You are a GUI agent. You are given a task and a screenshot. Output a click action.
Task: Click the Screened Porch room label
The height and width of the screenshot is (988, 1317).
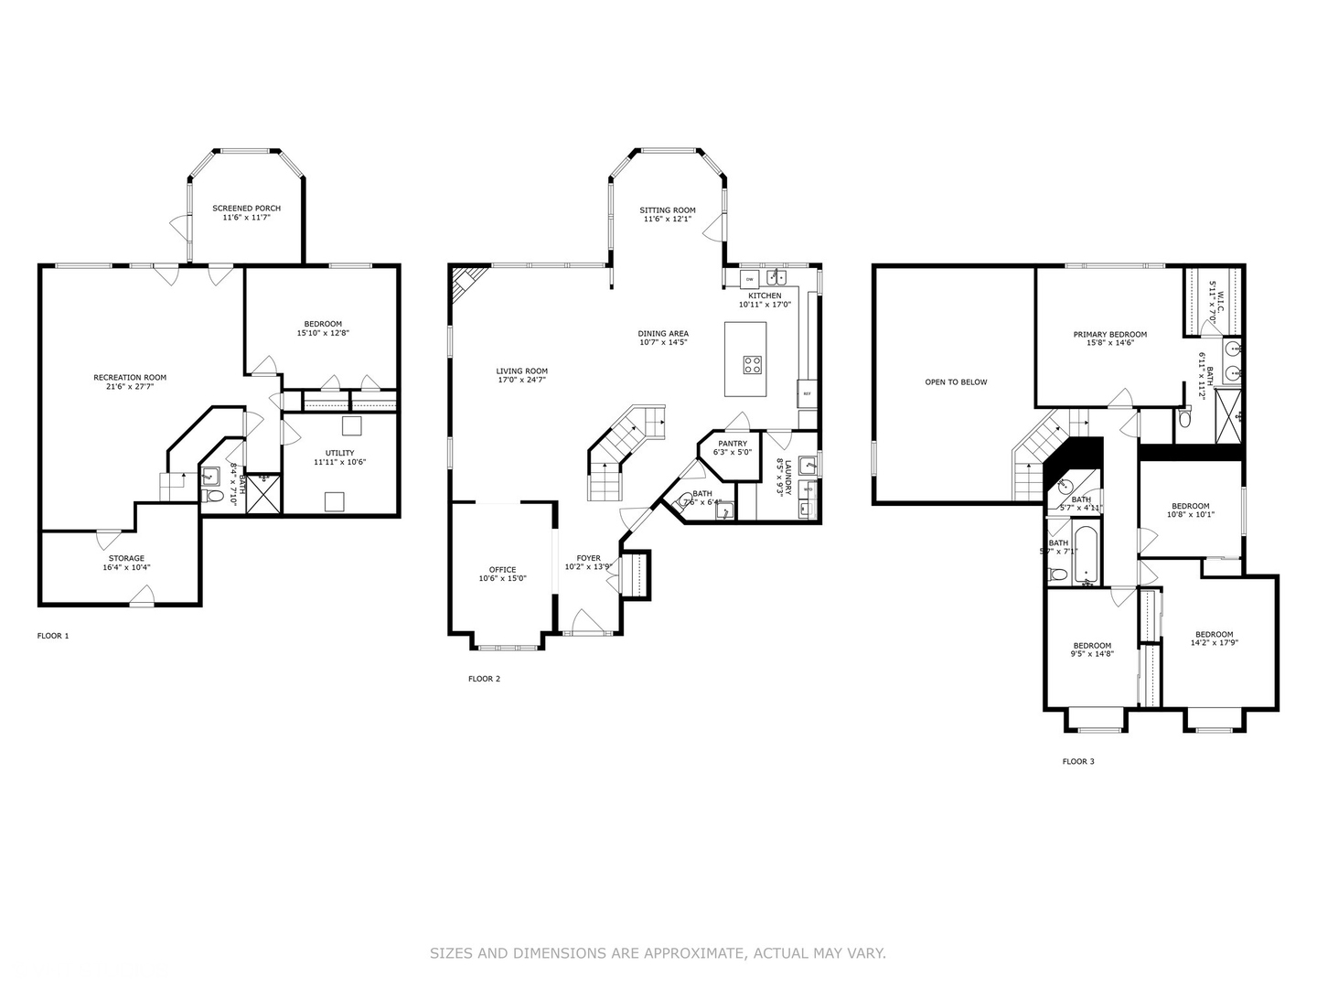click(246, 209)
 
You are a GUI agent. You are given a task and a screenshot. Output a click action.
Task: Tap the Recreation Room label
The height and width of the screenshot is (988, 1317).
click(130, 377)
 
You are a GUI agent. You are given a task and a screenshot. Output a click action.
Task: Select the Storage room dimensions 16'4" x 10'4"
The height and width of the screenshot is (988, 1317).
click(126, 567)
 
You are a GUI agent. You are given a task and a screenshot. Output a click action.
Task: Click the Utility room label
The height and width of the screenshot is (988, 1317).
click(339, 453)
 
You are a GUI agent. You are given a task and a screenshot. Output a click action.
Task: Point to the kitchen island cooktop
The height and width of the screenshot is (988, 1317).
click(752, 365)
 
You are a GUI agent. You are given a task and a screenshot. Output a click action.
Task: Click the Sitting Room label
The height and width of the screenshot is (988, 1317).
click(667, 210)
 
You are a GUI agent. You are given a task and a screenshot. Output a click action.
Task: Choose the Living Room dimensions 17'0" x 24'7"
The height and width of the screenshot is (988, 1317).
click(522, 380)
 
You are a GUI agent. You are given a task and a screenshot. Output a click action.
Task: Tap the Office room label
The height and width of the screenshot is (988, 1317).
click(502, 570)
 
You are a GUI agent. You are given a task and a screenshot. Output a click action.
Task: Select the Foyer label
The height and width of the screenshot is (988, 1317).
click(588, 558)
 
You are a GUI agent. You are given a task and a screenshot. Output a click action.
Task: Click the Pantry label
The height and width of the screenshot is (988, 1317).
click(732, 444)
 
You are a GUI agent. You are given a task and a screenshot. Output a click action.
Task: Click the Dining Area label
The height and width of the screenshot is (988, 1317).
click(663, 334)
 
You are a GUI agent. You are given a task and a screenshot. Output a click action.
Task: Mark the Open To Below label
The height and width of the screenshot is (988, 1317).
click(956, 382)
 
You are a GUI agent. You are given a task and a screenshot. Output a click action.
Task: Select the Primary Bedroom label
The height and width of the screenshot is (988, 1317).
click(1109, 335)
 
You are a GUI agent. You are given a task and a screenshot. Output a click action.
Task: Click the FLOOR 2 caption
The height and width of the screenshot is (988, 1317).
click(484, 679)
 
